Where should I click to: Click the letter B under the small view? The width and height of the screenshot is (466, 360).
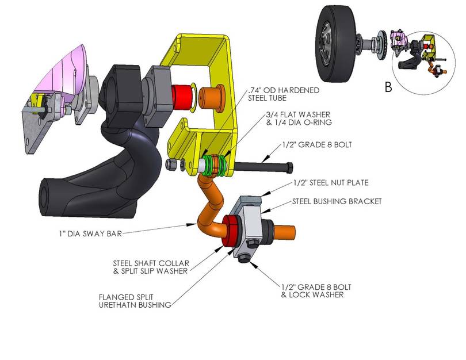(x=388, y=87)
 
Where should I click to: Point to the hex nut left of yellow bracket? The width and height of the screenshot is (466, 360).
(x=171, y=164)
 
